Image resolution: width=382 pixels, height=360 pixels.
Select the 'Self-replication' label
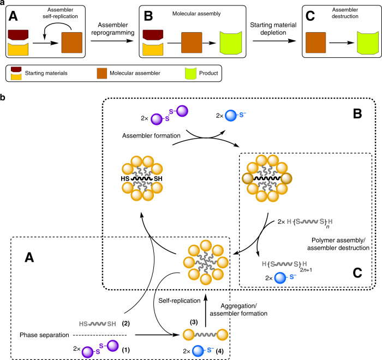tap(173, 285)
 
